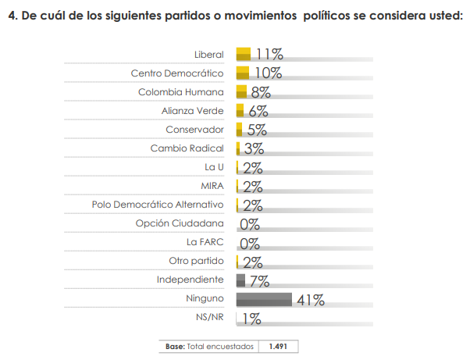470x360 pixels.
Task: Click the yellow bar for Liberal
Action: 243,54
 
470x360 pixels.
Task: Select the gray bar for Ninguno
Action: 264,299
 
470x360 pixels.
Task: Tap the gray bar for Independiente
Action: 240,280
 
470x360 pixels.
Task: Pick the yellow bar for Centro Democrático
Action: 242,73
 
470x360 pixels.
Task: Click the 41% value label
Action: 310,299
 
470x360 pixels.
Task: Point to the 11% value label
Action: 269,54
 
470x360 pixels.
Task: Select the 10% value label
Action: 268,73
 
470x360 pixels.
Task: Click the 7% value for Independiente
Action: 260,280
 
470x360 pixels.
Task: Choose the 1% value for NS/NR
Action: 251,318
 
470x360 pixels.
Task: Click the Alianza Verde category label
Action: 193,111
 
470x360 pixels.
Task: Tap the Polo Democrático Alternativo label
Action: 158,205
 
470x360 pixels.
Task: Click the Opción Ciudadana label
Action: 180,223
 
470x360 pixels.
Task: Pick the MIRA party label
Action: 212,186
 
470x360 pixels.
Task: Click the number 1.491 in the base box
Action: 280,346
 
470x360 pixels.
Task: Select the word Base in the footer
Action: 175,346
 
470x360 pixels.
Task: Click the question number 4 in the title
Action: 11,18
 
